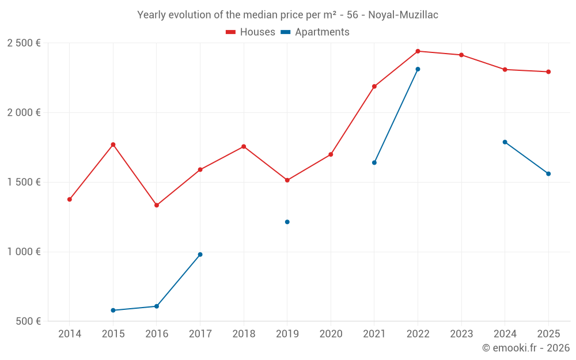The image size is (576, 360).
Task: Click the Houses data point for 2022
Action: tap(418, 51)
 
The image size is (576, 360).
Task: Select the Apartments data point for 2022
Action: tap(418, 69)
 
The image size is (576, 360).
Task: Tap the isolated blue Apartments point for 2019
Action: tap(287, 222)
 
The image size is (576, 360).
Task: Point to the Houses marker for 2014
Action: tap(70, 199)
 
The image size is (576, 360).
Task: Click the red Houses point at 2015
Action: tap(113, 145)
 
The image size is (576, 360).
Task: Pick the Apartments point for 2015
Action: tap(113, 310)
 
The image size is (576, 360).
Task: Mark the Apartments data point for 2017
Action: tap(200, 255)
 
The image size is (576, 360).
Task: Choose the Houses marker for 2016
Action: tap(157, 205)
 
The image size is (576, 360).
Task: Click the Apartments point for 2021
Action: tap(374, 162)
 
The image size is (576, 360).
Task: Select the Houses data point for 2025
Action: tap(548, 72)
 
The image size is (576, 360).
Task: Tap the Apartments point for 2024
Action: tap(505, 142)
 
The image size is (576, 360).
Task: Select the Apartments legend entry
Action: tap(315, 32)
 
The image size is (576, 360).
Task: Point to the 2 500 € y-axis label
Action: tap(24, 43)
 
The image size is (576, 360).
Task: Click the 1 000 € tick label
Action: tap(24, 252)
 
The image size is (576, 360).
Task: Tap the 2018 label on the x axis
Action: tap(244, 334)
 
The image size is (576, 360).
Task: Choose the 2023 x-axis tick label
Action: tap(461, 334)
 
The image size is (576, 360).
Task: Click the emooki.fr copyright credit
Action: tap(526, 348)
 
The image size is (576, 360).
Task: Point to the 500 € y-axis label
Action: tap(28, 321)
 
